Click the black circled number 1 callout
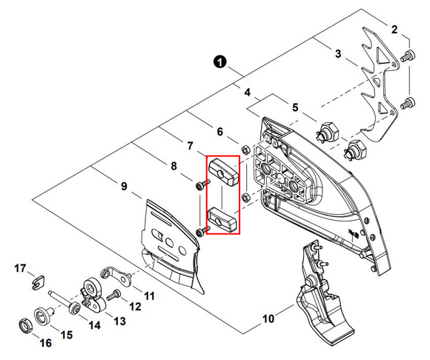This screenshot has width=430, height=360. point(220,62)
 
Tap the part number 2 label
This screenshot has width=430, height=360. point(394,30)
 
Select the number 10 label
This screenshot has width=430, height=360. point(268,319)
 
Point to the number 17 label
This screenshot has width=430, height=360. point(20,268)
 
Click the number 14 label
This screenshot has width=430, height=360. point(94,325)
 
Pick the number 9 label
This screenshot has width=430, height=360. point(124,187)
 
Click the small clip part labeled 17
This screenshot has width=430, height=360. point(37,282)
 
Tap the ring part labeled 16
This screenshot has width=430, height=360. point(25,327)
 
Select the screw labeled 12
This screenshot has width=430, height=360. point(113,295)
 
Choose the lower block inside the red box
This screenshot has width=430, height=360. point(222,220)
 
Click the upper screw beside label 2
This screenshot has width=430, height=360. point(408,56)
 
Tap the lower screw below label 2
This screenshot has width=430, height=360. point(408,103)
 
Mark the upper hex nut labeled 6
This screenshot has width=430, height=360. point(245,150)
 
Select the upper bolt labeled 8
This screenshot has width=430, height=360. point(202,184)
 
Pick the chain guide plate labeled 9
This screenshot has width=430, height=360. point(172,247)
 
